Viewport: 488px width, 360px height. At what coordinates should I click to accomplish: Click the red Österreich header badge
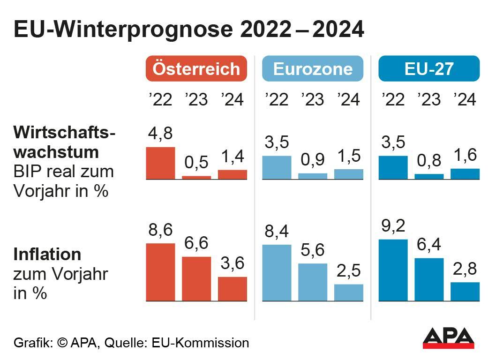196,69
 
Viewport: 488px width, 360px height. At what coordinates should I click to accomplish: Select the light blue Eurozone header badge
313,69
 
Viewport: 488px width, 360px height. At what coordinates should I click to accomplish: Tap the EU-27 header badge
429,69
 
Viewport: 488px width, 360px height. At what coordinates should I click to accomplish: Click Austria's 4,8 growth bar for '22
160,163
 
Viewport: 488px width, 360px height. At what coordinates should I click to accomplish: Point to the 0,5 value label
196,162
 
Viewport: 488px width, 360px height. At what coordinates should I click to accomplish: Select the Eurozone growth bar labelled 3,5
277,167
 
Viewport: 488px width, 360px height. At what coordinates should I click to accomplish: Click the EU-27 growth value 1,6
465,155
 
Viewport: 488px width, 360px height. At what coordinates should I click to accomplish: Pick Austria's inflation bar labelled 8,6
160,272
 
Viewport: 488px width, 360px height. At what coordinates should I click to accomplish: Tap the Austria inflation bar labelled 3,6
233,288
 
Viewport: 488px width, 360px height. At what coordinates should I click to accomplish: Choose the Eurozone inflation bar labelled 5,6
313,282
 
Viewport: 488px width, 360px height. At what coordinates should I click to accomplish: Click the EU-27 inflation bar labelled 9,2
393,270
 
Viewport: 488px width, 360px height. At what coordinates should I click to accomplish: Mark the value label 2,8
465,269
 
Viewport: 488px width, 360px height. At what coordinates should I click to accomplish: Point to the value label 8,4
277,232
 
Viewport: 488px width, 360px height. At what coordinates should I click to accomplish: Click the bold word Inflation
47,255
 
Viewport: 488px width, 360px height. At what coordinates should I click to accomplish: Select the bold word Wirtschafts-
64,133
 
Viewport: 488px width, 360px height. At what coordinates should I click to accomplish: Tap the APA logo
448,337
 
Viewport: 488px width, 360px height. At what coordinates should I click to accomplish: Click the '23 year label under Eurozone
313,99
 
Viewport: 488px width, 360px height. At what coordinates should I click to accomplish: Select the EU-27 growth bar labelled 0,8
429,176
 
